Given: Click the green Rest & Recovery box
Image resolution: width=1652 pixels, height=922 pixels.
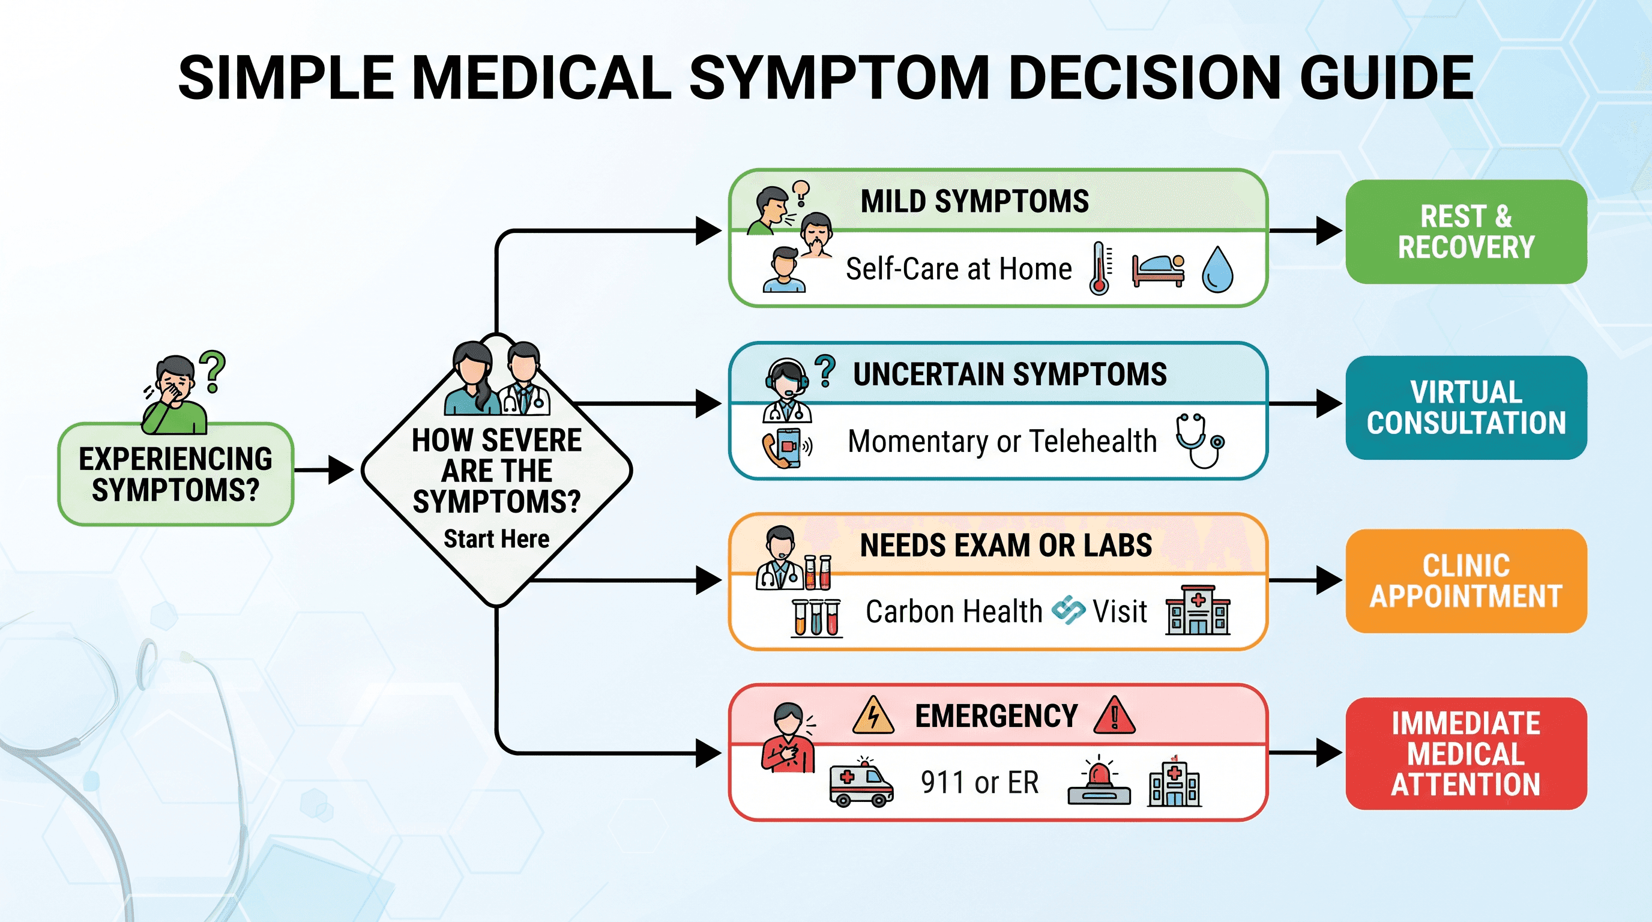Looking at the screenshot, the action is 1466,232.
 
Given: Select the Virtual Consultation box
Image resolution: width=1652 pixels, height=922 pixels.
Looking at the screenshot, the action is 1466,407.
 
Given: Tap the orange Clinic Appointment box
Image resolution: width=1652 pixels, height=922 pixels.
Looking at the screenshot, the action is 1466,581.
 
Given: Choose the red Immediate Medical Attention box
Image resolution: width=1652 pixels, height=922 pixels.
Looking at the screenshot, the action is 1466,753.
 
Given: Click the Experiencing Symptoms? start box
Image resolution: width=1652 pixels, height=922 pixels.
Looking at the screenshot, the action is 176,474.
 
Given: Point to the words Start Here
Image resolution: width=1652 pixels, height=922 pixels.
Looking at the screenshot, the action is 496,539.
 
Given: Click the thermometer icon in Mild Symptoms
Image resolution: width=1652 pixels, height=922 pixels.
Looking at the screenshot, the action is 1100,268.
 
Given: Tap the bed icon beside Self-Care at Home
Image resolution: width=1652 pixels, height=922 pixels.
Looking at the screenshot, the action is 1158,271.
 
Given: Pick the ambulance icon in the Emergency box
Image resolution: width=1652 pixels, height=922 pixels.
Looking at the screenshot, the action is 861,782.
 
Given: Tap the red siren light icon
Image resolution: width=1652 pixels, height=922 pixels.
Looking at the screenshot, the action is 1099,780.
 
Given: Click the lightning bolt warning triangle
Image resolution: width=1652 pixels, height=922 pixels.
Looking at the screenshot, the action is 873,716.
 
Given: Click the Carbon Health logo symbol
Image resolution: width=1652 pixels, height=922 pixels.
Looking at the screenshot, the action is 1069,610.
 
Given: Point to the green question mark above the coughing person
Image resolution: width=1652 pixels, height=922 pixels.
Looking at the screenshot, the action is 213,371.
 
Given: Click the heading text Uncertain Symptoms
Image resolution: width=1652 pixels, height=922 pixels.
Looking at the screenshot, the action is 1010,375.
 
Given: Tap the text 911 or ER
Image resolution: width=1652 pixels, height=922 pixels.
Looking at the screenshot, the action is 979,782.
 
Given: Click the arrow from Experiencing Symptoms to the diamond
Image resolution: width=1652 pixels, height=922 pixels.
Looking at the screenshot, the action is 324,470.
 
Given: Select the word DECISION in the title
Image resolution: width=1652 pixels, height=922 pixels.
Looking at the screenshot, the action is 1145,77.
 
